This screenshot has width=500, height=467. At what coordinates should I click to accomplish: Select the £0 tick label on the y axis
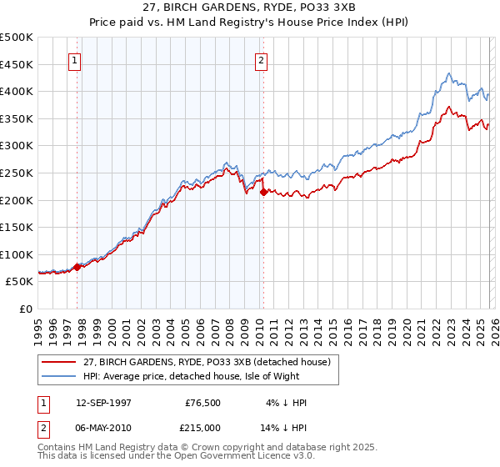pos(26,309)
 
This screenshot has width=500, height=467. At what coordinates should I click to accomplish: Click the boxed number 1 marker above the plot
pos(75,60)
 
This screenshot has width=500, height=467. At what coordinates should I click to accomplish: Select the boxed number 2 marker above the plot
pos(262,60)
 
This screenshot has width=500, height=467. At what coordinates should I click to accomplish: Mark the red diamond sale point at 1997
pos(77,267)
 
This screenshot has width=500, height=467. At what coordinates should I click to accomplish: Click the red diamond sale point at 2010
pos(263,192)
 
